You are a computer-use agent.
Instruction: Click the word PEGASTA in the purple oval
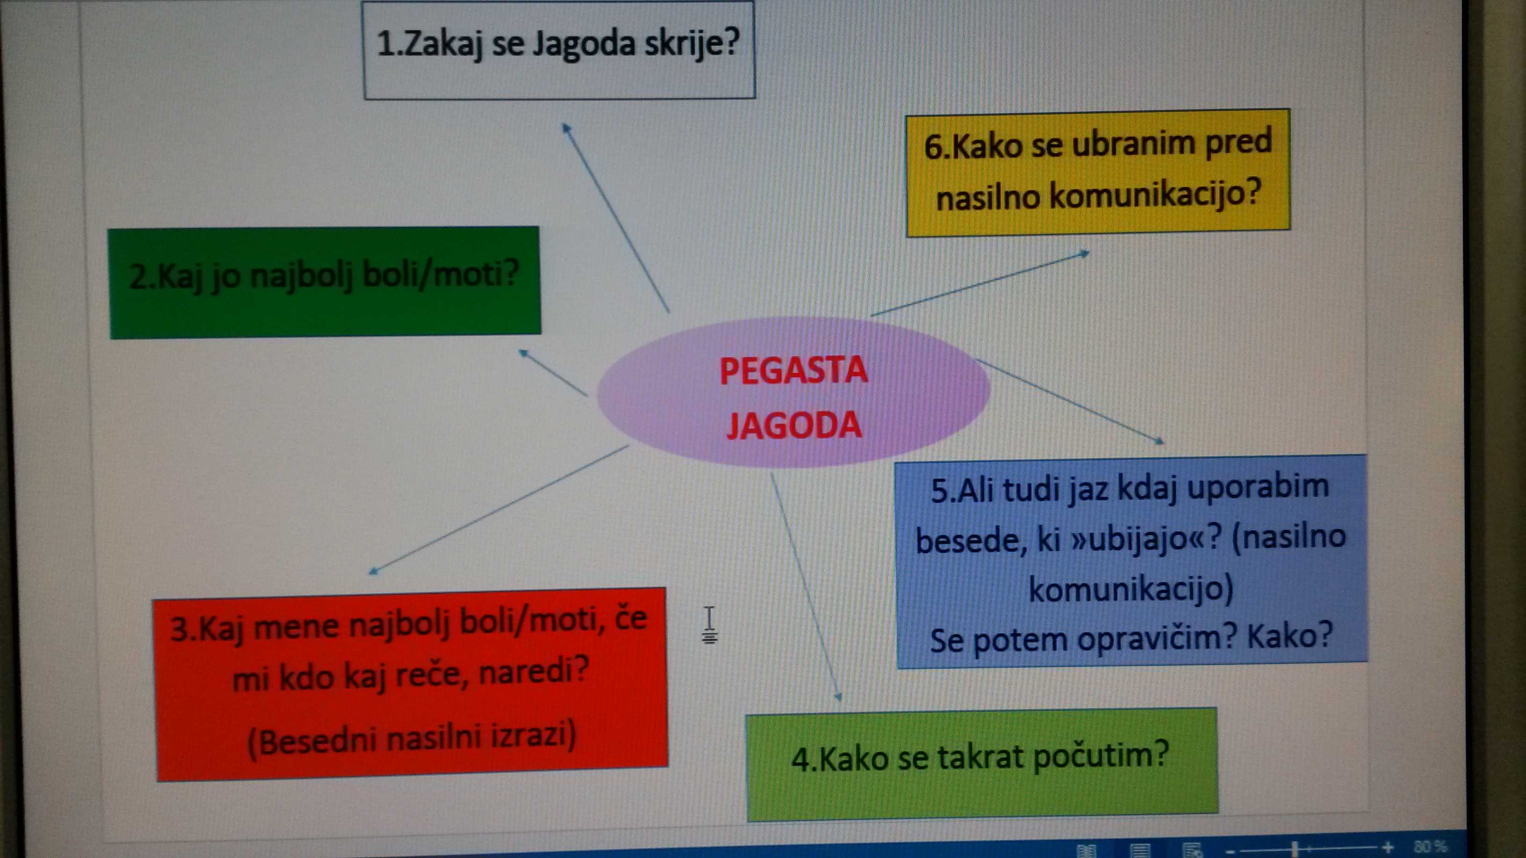click(x=793, y=371)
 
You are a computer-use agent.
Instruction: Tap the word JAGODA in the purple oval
click(x=794, y=425)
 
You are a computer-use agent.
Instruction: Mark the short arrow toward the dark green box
click(x=553, y=372)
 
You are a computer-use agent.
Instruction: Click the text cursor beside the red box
click(x=709, y=625)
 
